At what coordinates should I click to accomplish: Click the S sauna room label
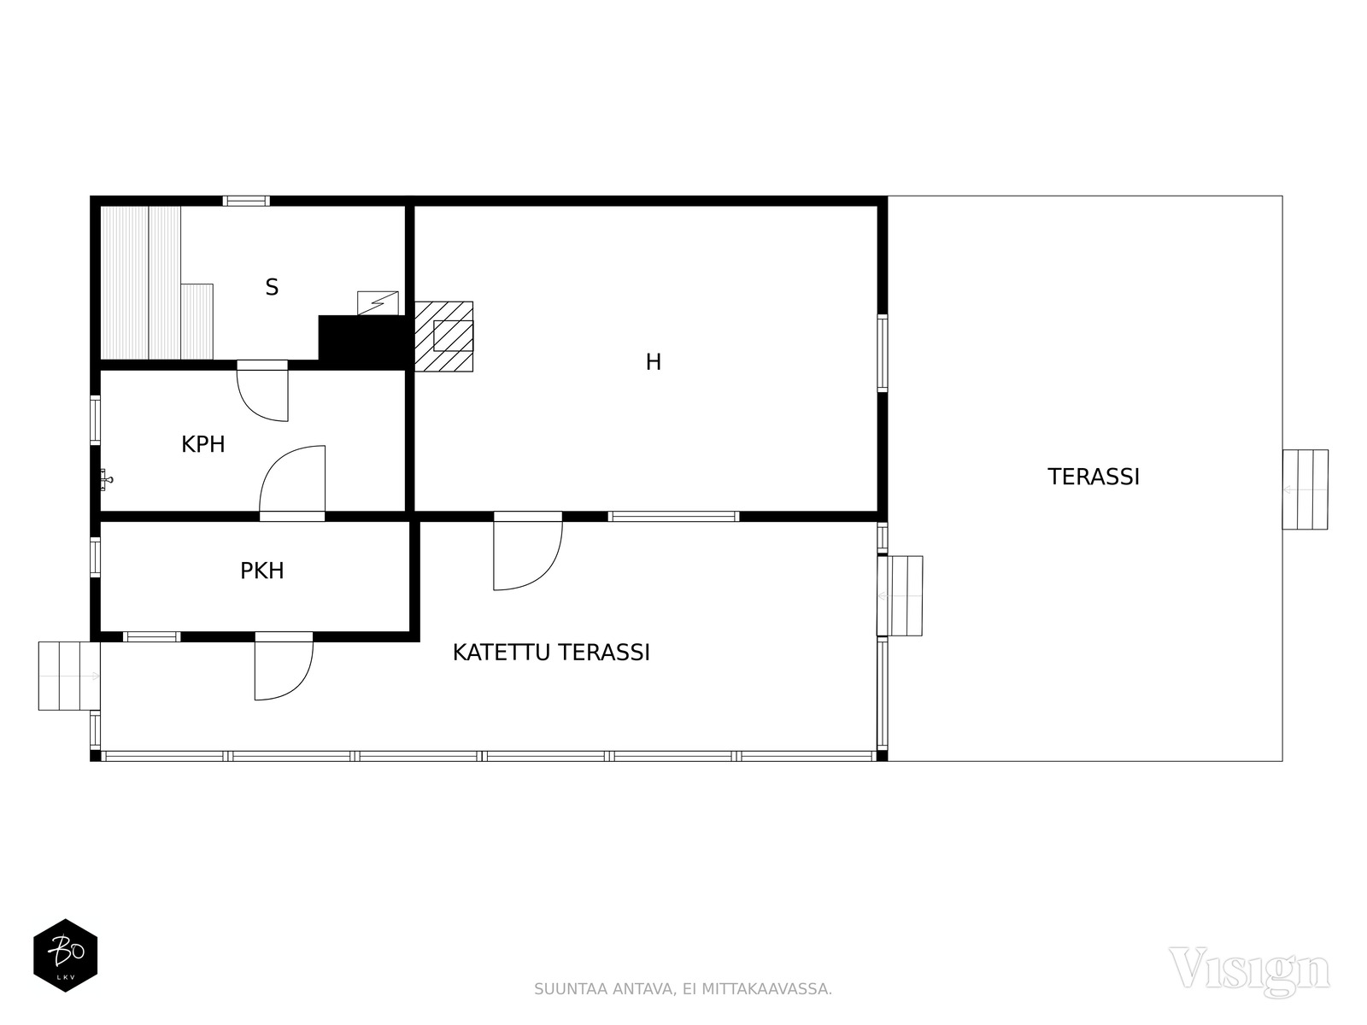(272, 288)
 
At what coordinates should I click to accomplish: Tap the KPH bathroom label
(203, 445)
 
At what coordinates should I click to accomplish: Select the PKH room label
(261, 571)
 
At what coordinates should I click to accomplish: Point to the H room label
(653, 363)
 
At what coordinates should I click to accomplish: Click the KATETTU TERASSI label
(551, 653)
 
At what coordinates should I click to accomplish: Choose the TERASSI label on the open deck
(1094, 477)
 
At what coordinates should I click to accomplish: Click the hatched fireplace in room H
(444, 337)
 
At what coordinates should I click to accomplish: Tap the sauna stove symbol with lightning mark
(378, 303)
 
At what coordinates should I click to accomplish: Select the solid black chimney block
(361, 342)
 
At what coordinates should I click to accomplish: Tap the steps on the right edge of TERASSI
(1305, 489)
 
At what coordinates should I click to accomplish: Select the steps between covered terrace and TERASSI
(901, 595)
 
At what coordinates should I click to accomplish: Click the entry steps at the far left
(68, 676)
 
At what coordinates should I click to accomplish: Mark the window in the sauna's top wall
(246, 202)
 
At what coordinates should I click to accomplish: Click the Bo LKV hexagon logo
(65, 956)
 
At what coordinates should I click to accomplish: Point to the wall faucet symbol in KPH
(105, 479)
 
